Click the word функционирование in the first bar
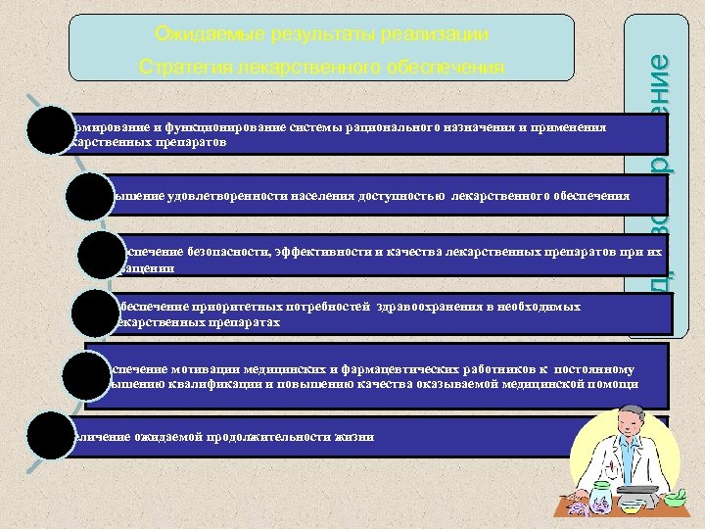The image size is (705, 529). [196, 127]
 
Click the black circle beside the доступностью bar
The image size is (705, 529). [94, 196]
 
